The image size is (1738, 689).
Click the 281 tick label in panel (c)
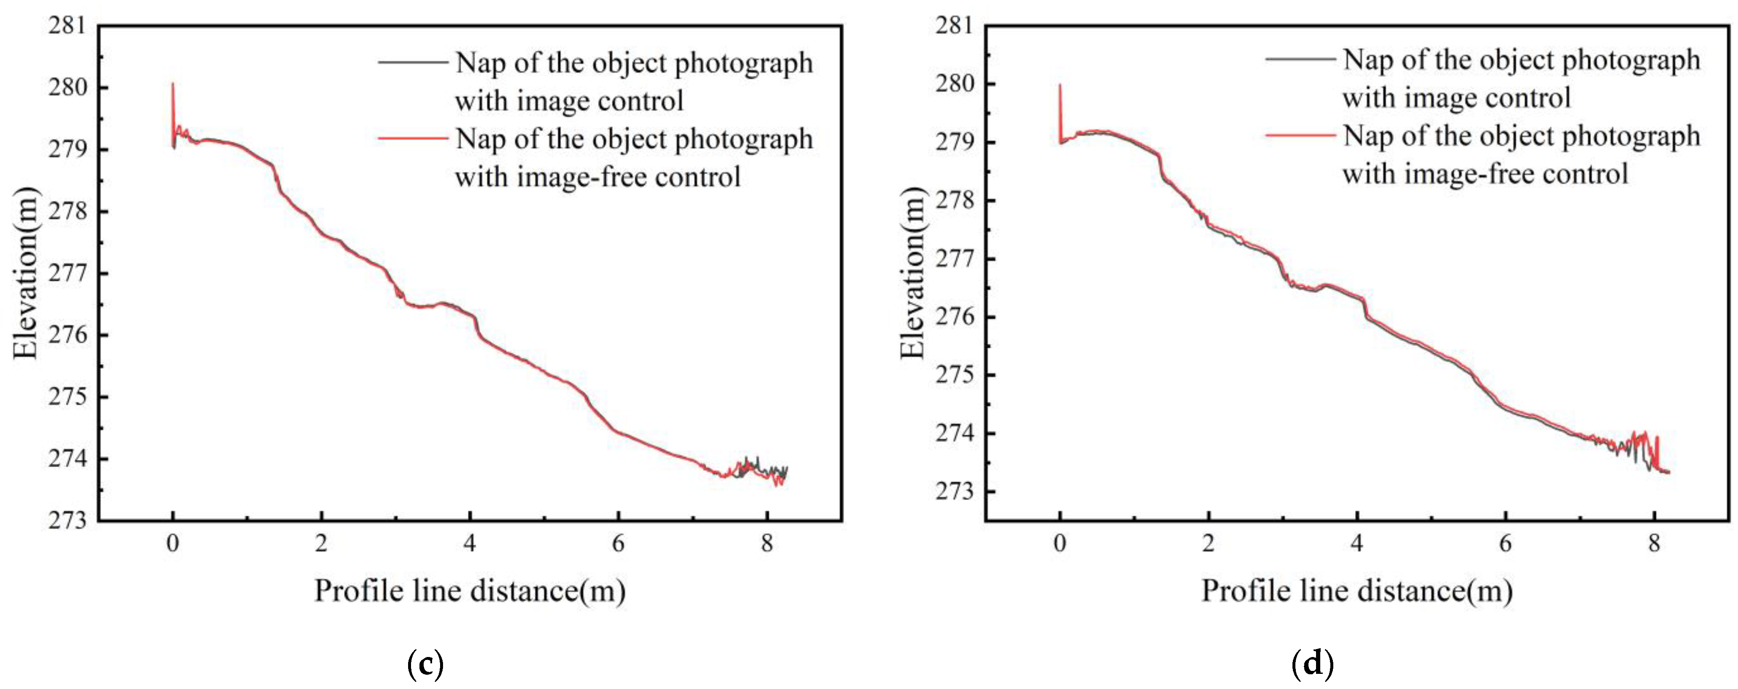[x=67, y=26]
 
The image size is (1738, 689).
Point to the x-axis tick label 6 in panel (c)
[x=618, y=543]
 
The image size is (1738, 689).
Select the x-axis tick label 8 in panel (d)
[x=1654, y=543]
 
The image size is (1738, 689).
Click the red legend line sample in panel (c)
[x=413, y=138]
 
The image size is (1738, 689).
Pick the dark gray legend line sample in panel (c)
[x=413, y=62]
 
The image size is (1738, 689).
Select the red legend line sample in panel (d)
[x=1300, y=135]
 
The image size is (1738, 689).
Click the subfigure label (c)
[x=426, y=664]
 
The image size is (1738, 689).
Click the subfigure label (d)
[x=1313, y=664]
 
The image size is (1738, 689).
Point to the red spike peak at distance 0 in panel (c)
[x=173, y=84]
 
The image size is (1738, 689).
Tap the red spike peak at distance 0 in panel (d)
[x=1060, y=85]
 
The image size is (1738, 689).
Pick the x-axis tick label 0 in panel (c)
[x=173, y=543]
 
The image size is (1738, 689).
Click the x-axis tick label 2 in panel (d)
[x=1208, y=543]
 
